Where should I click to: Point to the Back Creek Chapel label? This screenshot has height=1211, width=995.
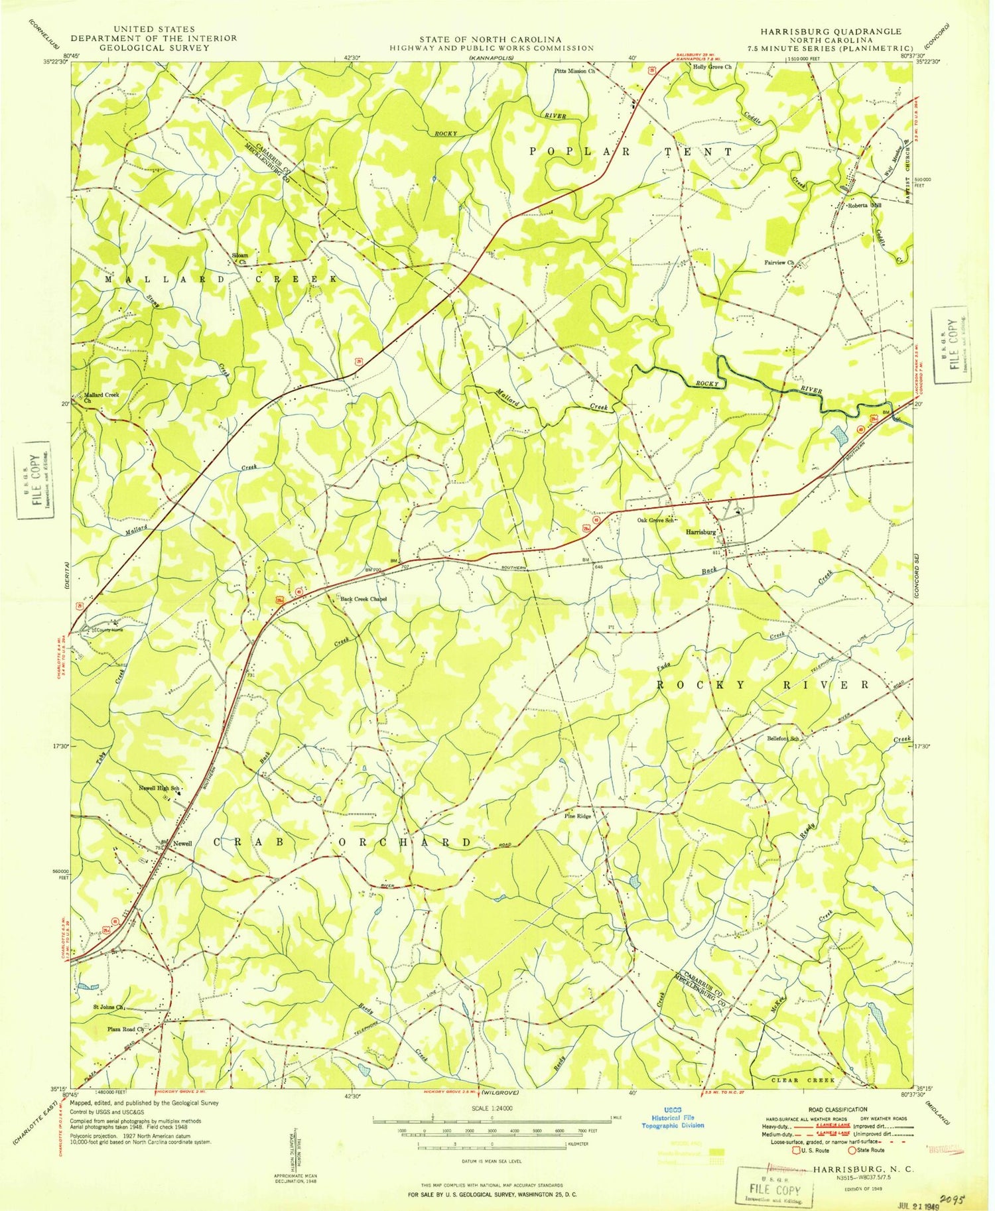pyautogui.click(x=363, y=599)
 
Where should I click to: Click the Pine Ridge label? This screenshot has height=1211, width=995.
pyautogui.click(x=577, y=816)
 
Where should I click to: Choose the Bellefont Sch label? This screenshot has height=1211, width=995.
pyautogui.click(x=782, y=737)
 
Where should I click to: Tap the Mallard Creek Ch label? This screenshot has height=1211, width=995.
pyautogui.click(x=101, y=398)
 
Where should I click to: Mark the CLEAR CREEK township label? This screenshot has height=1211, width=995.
pyautogui.click(x=803, y=1080)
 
